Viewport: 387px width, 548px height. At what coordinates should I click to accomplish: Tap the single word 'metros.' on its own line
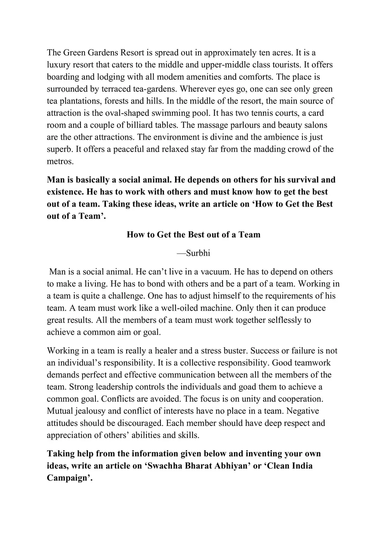click(61, 161)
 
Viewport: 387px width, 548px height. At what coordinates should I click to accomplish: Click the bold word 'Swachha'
click(166, 466)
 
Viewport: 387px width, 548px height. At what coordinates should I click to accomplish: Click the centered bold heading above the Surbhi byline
click(193, 234)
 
